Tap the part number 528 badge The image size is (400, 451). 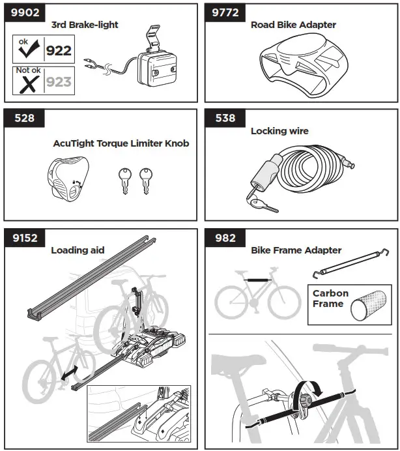click(x=25, y=119)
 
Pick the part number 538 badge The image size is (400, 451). click(x=225, y=119)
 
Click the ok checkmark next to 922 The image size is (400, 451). click(x=30, y=50)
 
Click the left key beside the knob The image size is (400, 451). click(x=124, y=179)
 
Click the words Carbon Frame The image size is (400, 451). click(x=330, y=298)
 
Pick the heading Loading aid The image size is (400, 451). click(x=78, y=250)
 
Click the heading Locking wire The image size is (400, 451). click(x=279, y=131)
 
